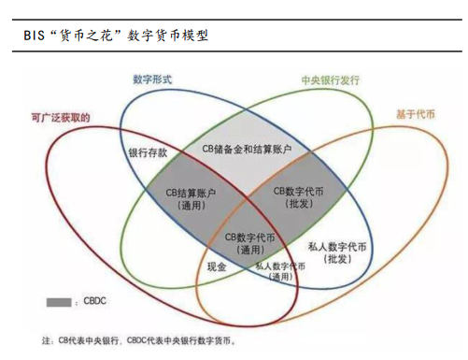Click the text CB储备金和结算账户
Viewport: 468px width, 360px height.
click(x=247, y=150)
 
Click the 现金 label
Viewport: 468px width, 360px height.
click(x=217, y=266)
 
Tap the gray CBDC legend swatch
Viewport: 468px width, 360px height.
click(x=59, y=301)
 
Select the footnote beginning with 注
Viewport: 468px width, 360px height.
click(x=140, y=339)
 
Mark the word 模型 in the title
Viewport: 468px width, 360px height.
click(x=192, y=36)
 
